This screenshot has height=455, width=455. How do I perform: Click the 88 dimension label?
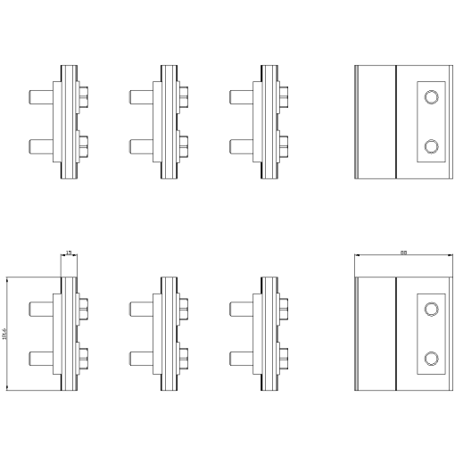click(404, 253)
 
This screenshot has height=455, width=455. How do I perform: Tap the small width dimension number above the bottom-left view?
click(70, 253)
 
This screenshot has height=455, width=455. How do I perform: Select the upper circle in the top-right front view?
click(432, 97)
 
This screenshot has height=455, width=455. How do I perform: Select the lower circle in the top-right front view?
click(432, 146)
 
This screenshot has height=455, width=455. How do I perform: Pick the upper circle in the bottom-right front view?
click(432, 309)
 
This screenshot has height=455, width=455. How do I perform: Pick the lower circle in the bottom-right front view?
click(432, 359)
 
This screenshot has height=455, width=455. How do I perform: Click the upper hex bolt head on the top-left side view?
click(84, 94)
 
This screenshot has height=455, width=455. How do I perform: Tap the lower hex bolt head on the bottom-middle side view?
click(184, 358)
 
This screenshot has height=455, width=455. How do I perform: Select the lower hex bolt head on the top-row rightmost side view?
click(284, 144)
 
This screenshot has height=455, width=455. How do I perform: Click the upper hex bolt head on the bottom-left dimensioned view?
click(84, 308)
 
